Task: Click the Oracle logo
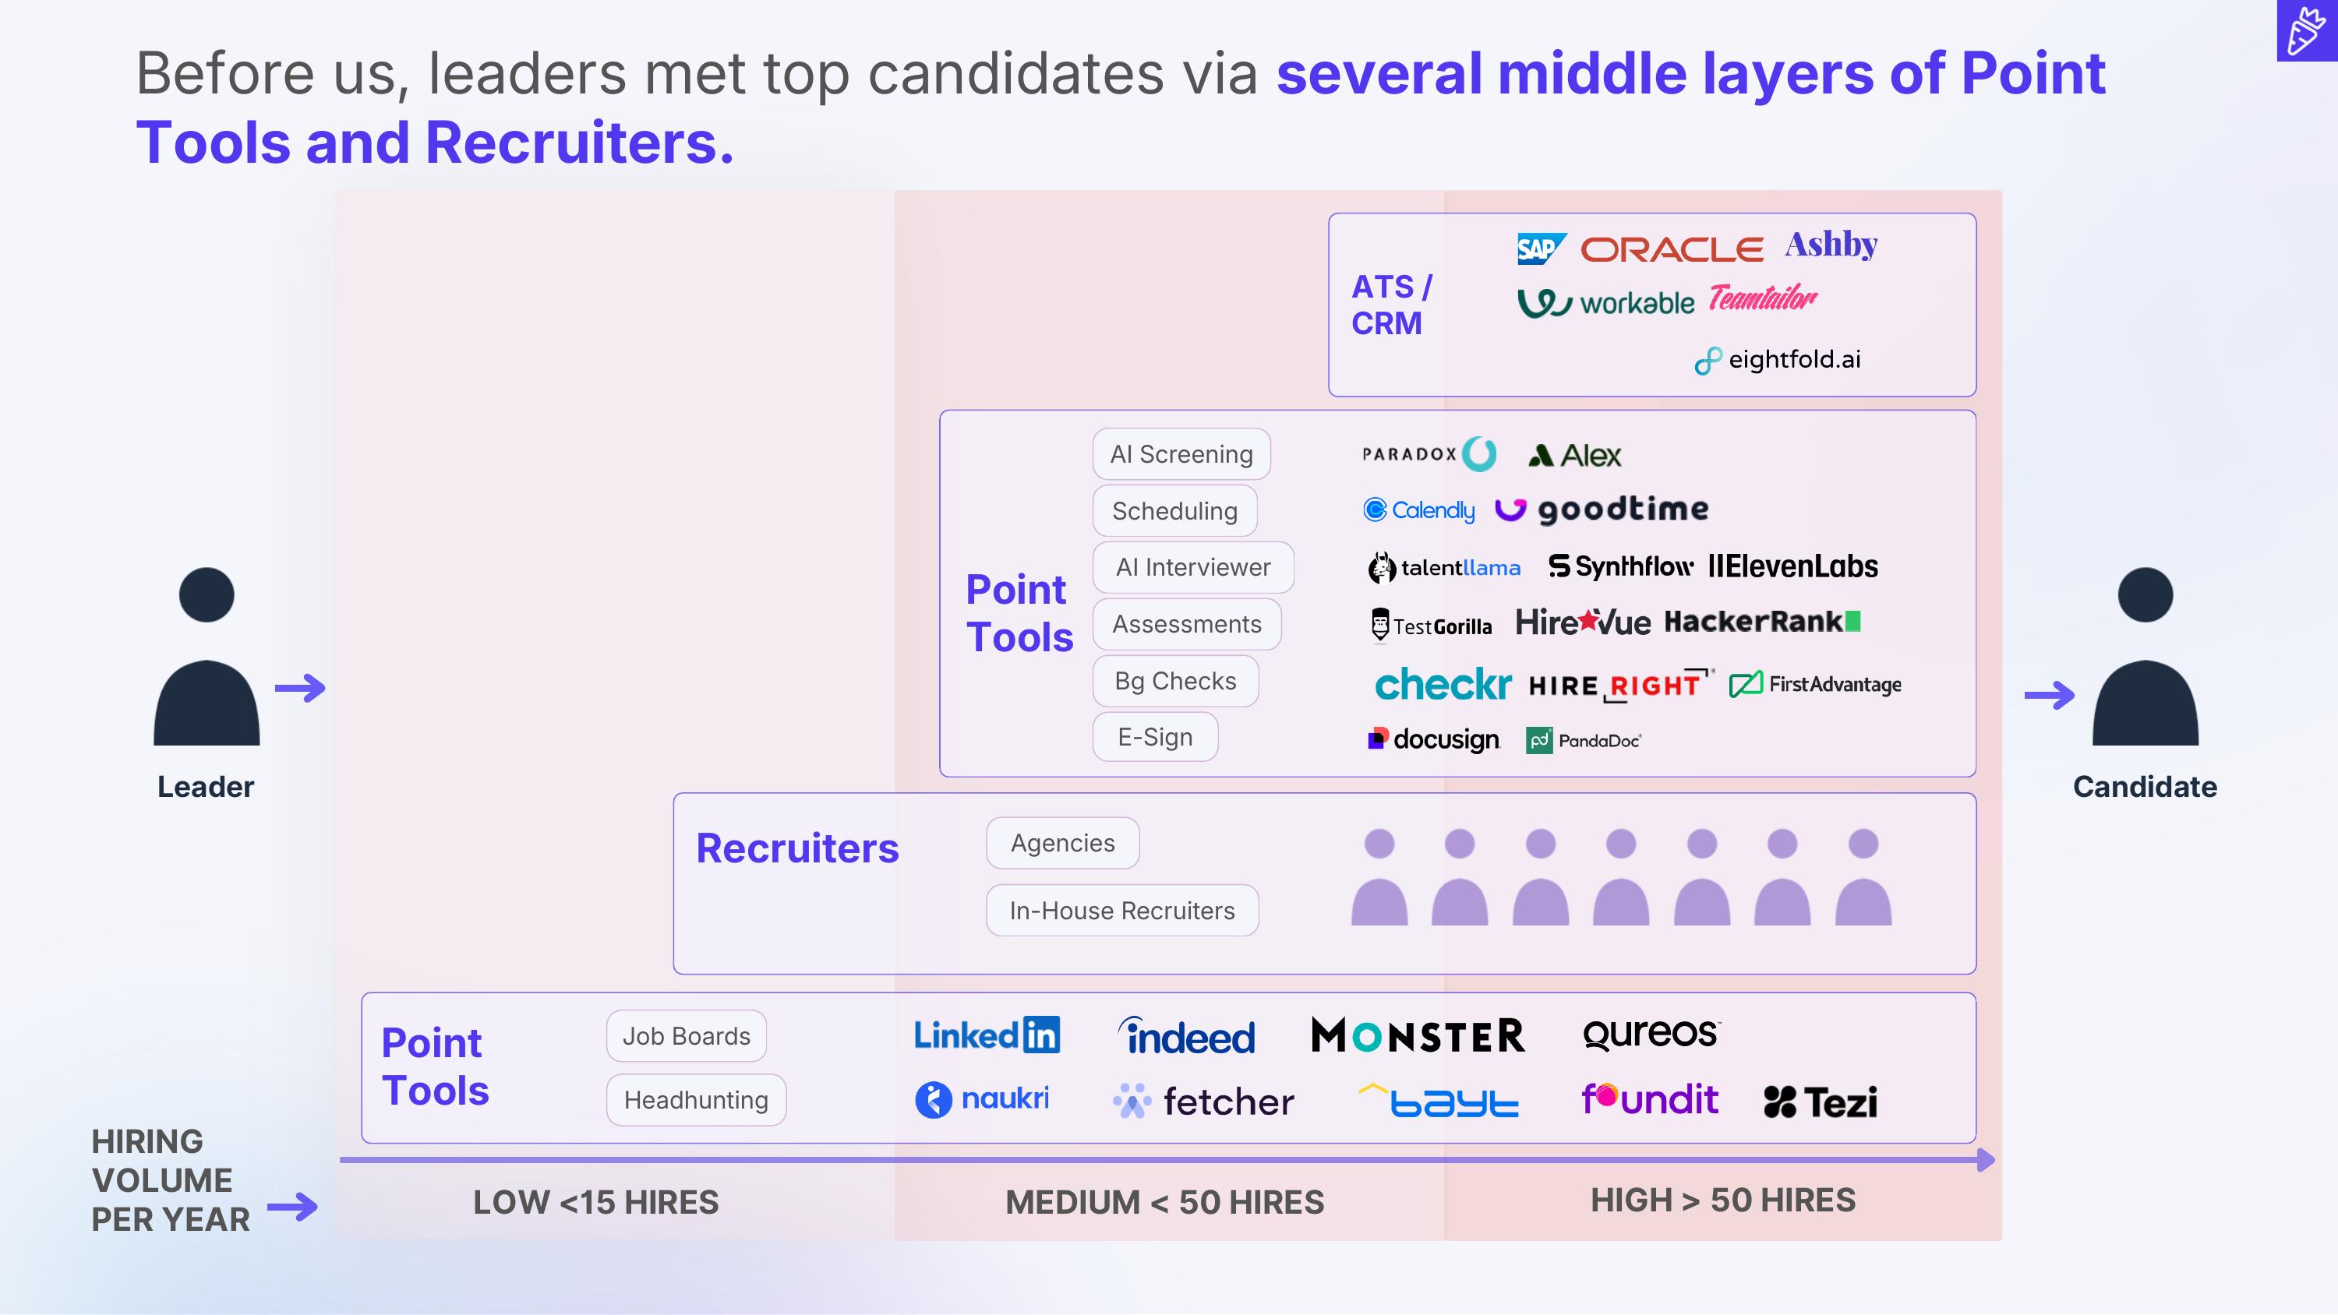coord(1672,249)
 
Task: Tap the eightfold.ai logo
coord(1778,360)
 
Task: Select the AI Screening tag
coord(1181,453)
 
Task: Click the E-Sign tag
coord(1154,737)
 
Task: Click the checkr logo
coord(1443,684)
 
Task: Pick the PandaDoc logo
coord(1584,741)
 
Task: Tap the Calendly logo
coord(1418,510)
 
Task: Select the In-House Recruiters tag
coord(1121,910)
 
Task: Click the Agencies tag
coord(1063,843)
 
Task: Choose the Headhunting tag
coord(696,1100)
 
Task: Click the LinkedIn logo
coord(987,1035)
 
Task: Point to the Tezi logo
coord(1821,1102)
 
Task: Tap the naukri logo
coord(982,1100)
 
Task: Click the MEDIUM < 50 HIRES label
coord(1164,1203)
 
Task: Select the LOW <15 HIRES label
coord(595,1203)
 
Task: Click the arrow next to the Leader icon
coord(300,688)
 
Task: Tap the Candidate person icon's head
coord(2146,595)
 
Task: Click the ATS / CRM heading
coord(1391,305)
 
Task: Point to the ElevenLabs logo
coord(1793,566)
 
